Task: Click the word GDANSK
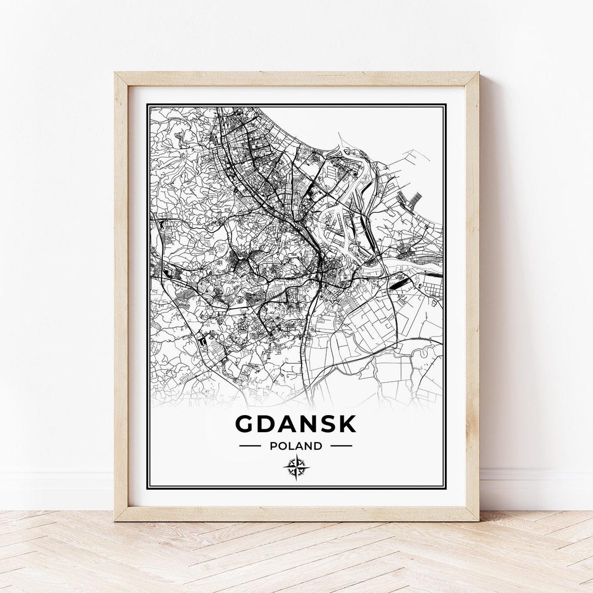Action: point(296,424)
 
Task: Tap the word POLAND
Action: point(296,446)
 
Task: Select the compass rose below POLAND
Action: point(296,467)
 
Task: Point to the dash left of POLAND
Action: point(250,446)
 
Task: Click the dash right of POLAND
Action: point(342,446)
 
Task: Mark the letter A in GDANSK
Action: point(286,424)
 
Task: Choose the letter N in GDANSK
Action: point(306,424)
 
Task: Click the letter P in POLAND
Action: point(273,446)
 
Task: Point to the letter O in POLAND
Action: point(282,446)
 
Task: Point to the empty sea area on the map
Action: point(384,126)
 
